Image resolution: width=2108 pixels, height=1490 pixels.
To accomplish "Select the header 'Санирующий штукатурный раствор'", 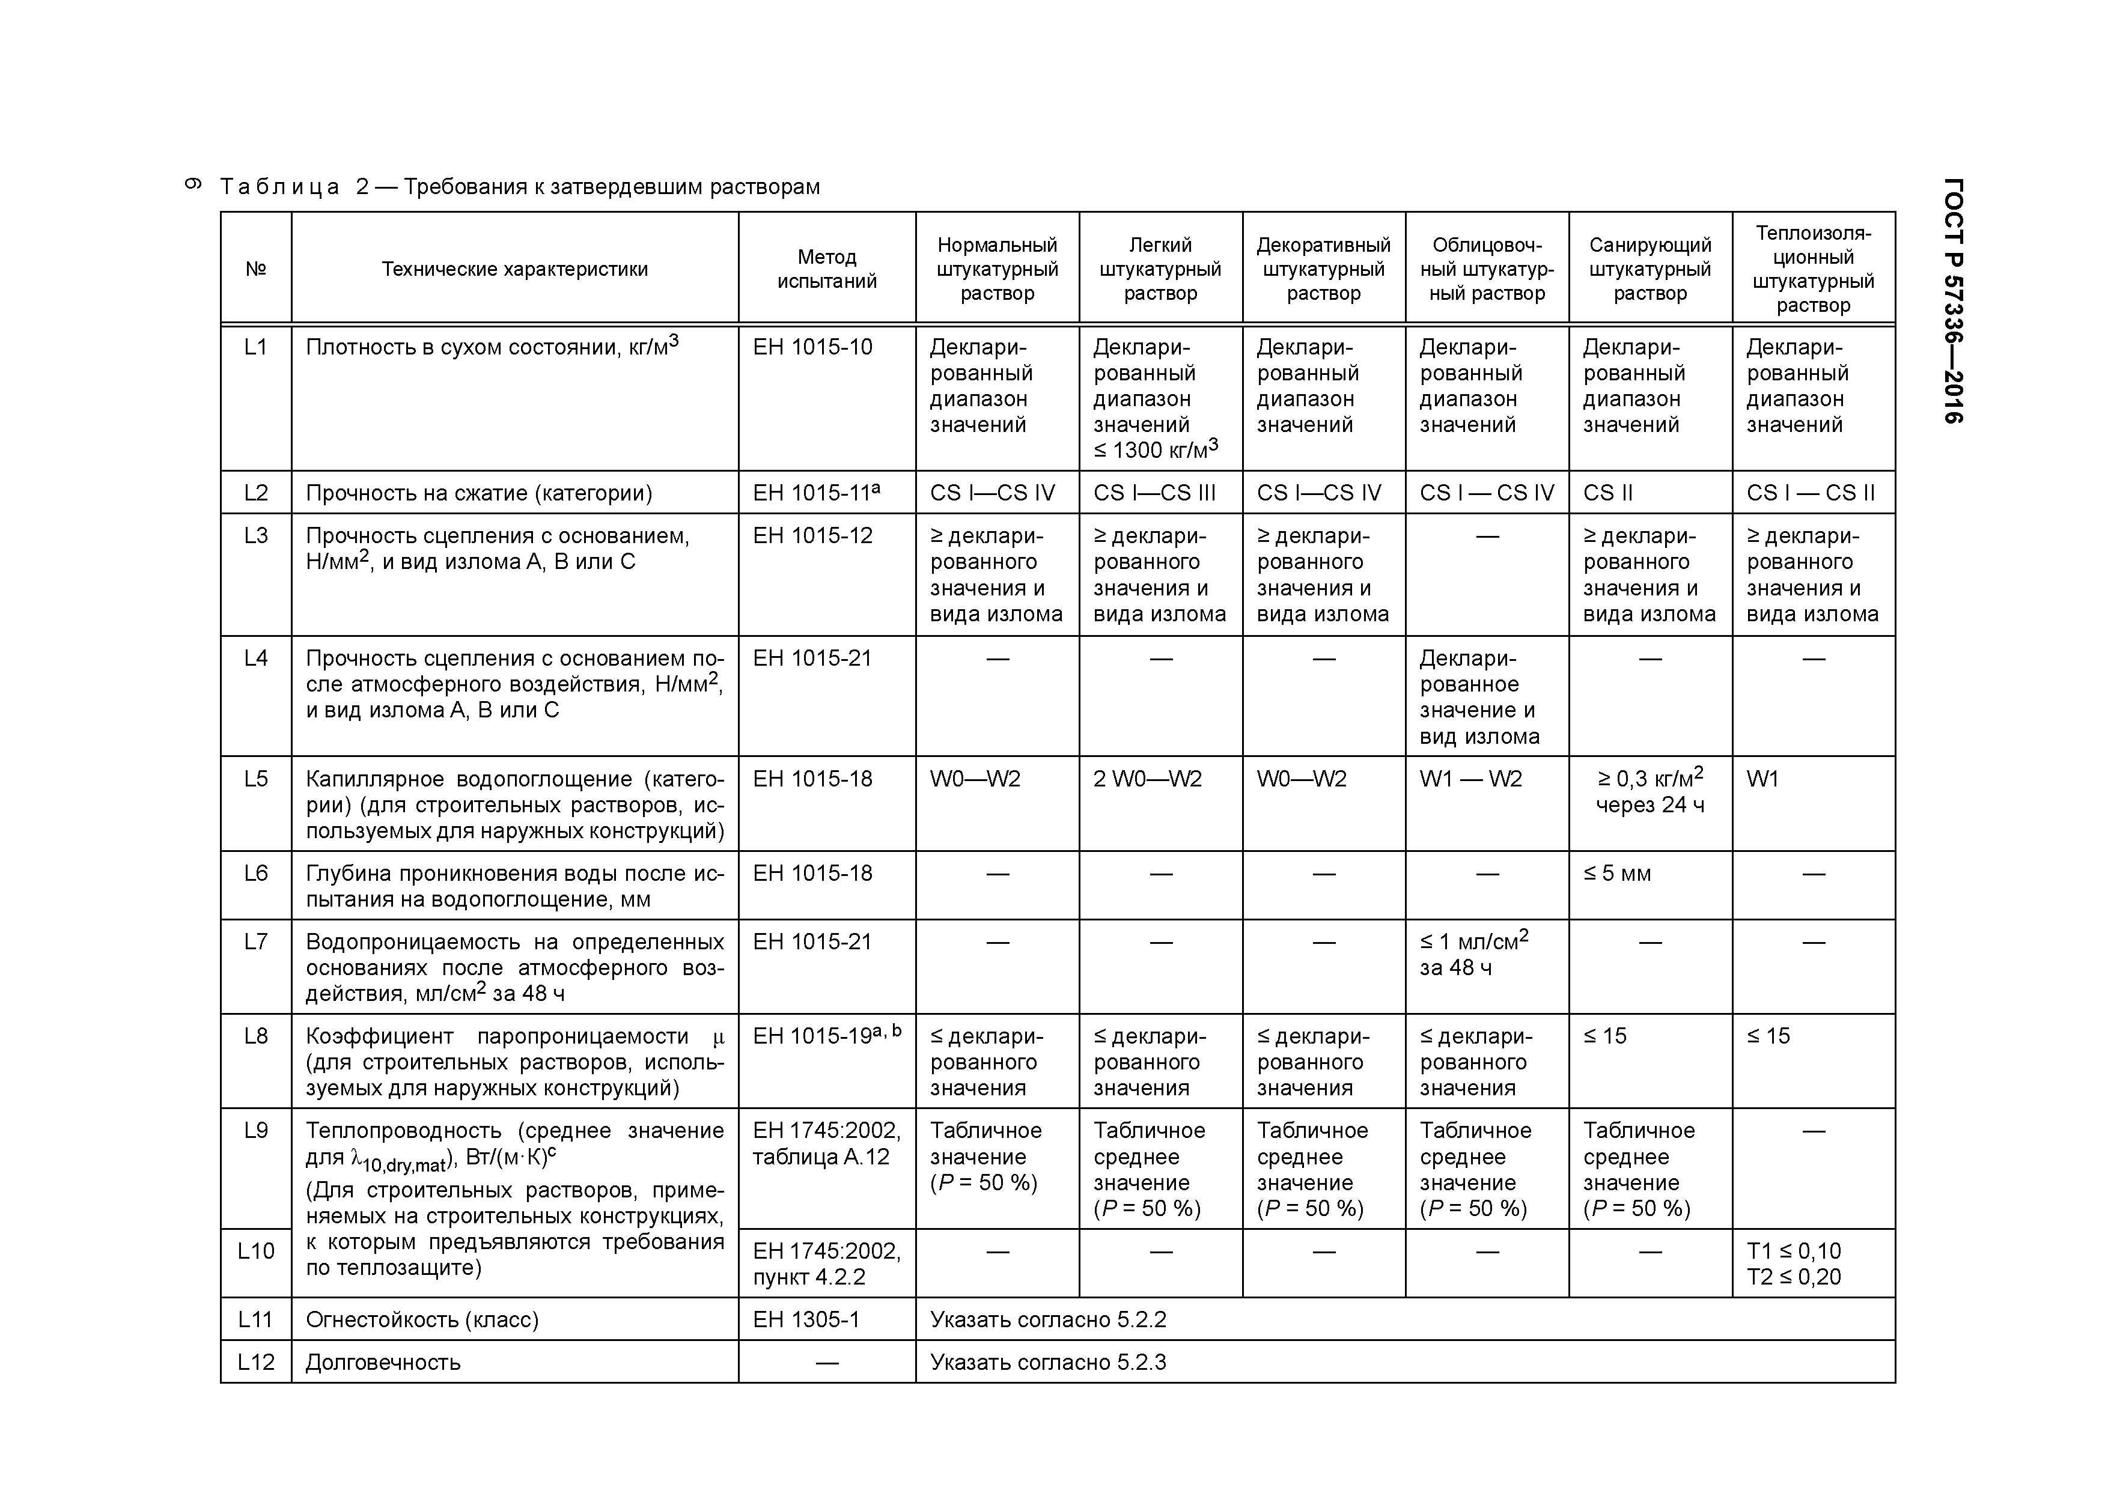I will [1650, 269].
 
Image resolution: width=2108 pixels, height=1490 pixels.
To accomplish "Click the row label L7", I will [256, 942].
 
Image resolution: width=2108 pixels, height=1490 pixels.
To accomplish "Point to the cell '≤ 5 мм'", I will [1617, 874].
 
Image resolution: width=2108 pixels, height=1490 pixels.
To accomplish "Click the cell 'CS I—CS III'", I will [1154, 493].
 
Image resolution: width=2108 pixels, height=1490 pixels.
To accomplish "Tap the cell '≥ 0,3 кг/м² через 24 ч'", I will [1650, 791].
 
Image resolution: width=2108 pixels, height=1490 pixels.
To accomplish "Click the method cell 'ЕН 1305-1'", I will [806, 1320].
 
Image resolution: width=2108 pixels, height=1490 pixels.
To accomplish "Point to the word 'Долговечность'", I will [383, 1363].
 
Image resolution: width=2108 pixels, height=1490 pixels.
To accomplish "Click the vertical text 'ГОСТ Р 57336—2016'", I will [1953, 300].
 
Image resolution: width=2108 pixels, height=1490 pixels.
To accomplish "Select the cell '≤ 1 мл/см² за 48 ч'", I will [1473, 954].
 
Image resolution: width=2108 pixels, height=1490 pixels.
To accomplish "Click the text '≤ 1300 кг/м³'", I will [1155, 450].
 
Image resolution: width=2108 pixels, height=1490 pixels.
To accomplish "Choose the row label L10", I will [256, 1251].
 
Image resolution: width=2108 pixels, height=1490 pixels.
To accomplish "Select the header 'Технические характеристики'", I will [514, 269].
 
